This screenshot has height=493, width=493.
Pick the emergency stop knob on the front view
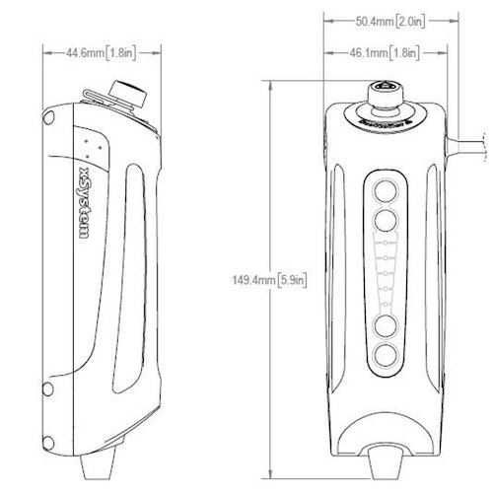coord(384,99)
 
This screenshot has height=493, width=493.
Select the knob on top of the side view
coord(125,95)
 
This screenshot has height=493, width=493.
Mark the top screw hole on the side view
coord(47,119)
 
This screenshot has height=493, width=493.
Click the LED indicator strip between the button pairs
coord(386,273)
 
